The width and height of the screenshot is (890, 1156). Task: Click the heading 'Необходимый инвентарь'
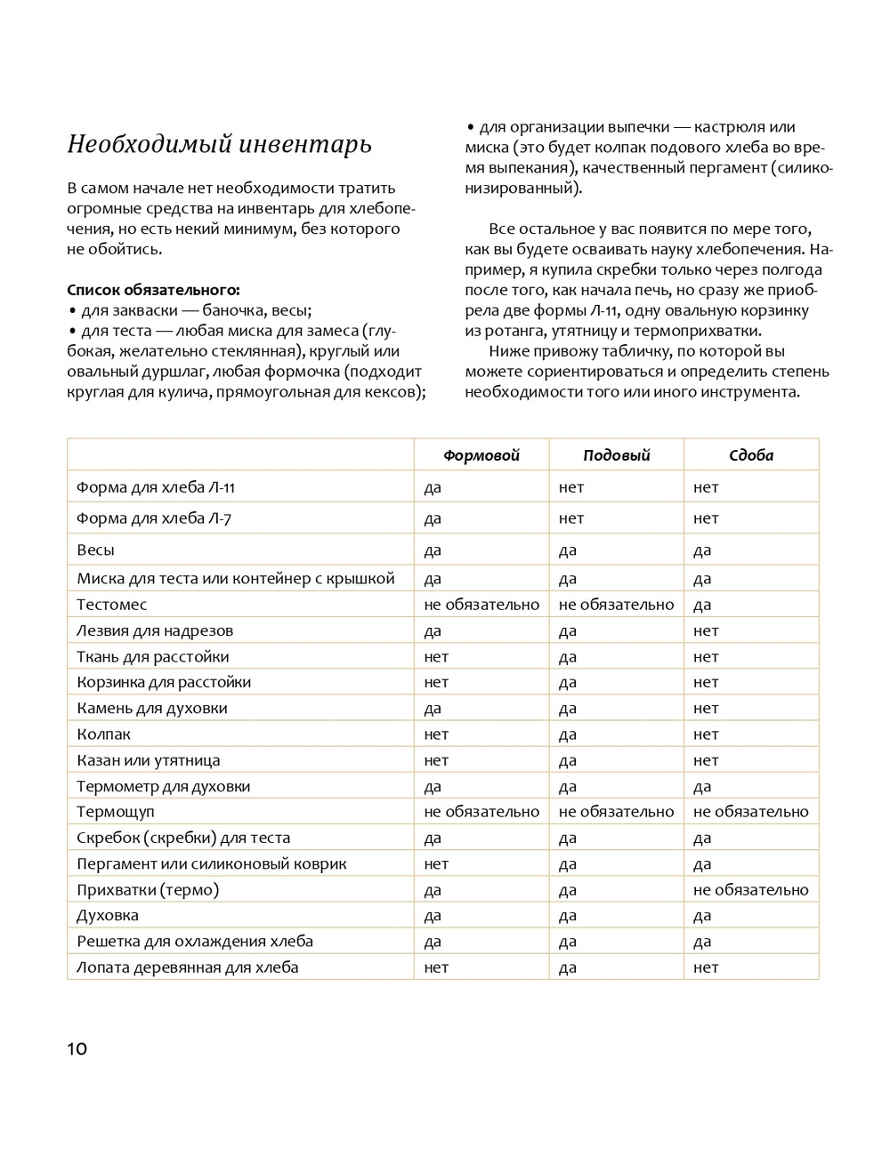[219, 144]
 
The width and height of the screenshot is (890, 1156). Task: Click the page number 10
[77, 1049]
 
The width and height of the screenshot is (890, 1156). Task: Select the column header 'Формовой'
[481, 455]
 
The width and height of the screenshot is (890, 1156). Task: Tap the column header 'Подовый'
[617, 455]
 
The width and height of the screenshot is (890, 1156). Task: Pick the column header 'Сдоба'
[751, 455]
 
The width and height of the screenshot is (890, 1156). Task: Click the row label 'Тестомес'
[112, 605]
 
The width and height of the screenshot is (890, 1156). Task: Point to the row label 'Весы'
[95, 550]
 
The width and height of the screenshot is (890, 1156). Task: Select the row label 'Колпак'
[103, 735]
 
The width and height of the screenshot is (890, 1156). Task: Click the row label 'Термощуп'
[116, 812]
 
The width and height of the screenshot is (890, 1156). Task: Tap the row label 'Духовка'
[108, 915]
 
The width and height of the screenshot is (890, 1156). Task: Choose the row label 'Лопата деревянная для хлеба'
[188, 967]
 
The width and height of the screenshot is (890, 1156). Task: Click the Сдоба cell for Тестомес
[702, 605]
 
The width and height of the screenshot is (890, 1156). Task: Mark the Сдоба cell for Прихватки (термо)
[751, 890]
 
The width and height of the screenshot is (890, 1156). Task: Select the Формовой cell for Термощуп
[481, 812]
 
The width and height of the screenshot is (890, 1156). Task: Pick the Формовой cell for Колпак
[436, 735]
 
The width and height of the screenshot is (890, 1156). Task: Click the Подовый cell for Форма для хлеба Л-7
[571, 518]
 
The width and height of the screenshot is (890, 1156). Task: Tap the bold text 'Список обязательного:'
[153, 290]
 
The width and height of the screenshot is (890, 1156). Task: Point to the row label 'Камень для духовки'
[152, 709]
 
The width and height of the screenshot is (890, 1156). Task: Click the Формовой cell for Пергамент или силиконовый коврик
[436, 863]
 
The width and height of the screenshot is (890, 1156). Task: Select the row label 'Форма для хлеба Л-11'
[156, 487]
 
